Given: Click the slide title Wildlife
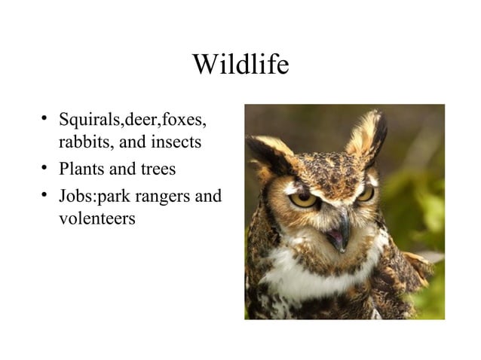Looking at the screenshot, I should (240, 66).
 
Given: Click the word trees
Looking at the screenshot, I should (156, 169).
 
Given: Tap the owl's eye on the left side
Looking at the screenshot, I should (304, 199).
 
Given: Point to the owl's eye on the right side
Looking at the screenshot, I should (365, 193).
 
